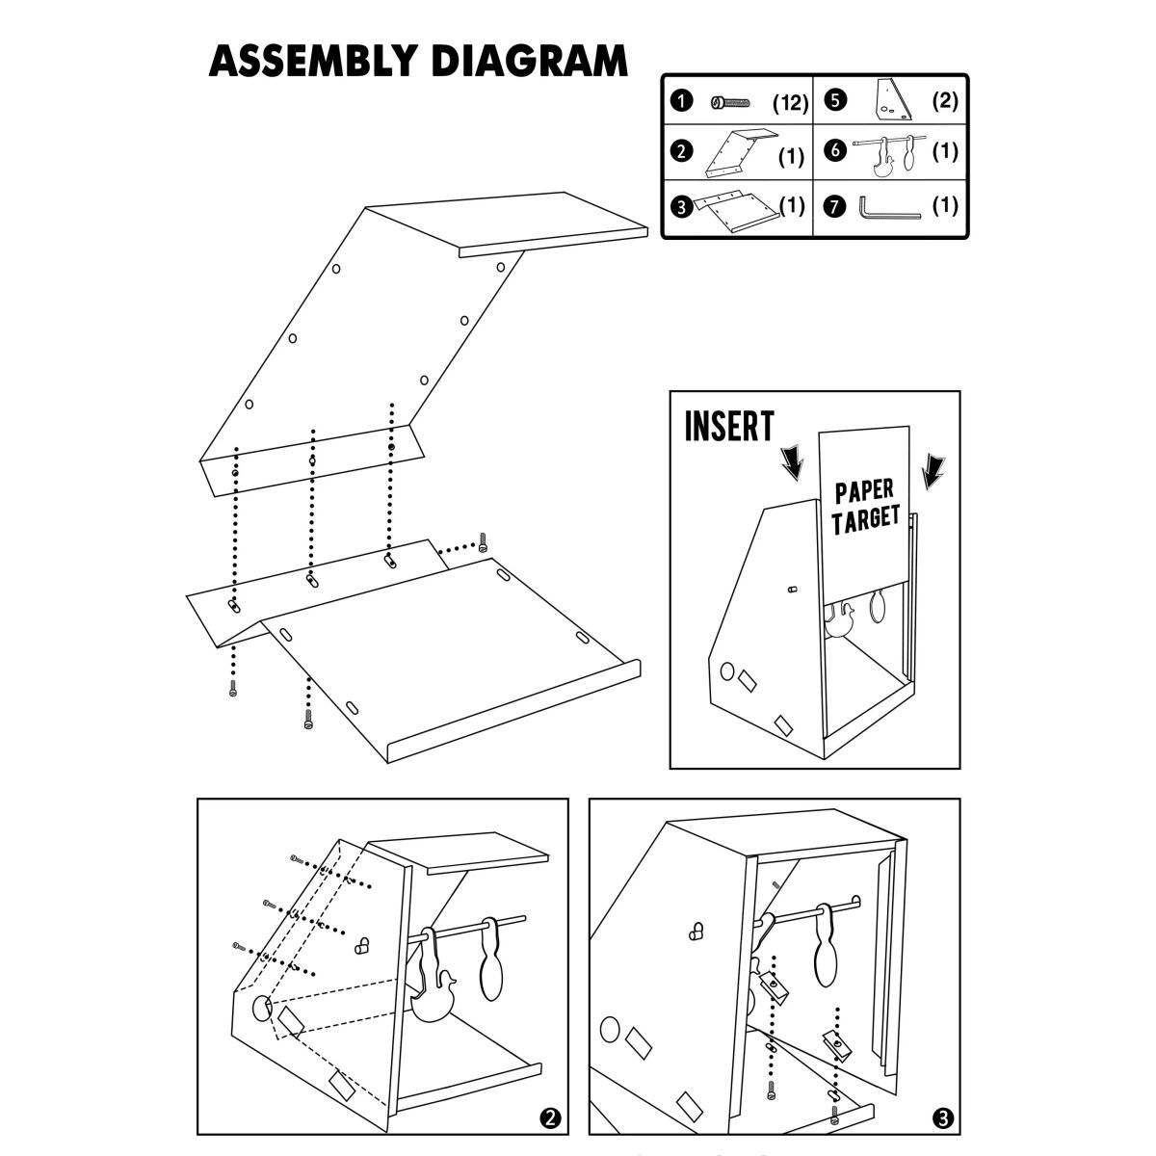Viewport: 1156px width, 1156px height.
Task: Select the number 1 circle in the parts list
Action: [682, 102]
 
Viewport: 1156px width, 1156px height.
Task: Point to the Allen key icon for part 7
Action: [889, 207]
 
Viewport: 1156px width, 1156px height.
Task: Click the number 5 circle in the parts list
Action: [835, 100]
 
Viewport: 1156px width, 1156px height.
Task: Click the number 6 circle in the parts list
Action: [835, 151]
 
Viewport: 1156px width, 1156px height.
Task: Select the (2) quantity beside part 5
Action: [945, 100]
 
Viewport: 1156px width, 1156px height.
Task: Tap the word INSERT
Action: [728, 426]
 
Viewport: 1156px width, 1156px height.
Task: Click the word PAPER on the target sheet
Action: [864, 492]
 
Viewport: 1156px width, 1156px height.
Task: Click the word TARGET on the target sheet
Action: [865, 520]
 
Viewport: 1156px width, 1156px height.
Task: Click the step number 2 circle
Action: [549, 1117]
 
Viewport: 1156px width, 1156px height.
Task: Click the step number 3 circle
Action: [943, 1117]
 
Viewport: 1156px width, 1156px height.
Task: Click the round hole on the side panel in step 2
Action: [262, 1009]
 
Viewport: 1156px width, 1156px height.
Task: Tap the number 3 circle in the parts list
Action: [682, 205]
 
